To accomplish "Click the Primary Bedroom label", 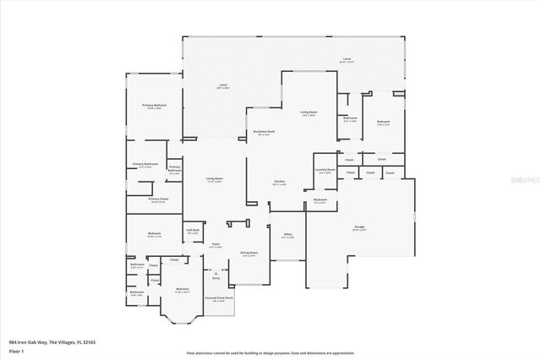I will (154, 105).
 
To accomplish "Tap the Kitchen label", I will (279, 182).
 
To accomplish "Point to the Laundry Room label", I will (325, 170).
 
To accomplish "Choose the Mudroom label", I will (320, 201).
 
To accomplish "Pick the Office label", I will (287, 234).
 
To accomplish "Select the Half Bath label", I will (193, 230).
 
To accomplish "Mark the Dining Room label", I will (249, 253).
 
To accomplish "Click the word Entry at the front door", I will (216, 278).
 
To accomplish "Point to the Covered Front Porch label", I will (218, 297).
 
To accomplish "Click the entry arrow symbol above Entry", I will (216, 272).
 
